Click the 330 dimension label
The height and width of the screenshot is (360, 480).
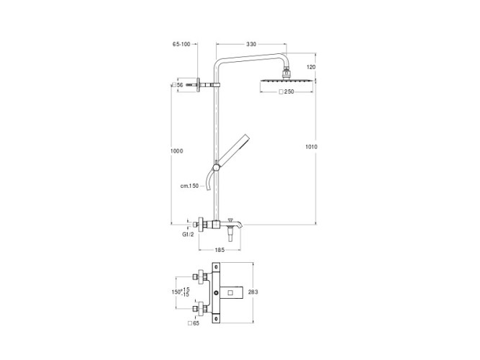click(x=251, y=45)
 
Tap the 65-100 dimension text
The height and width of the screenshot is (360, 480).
click(x=181, y=45)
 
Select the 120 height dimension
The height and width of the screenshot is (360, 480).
click(x=311, y=67)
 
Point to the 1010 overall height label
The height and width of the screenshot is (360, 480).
click(x=312, y=147)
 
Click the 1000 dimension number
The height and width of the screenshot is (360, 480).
click(x=177, y=150)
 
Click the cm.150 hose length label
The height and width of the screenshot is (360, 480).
click(x=189, y=186)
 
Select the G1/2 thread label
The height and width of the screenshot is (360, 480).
click(x=188, y=235)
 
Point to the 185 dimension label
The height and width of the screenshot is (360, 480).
click(x=219, y=250)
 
